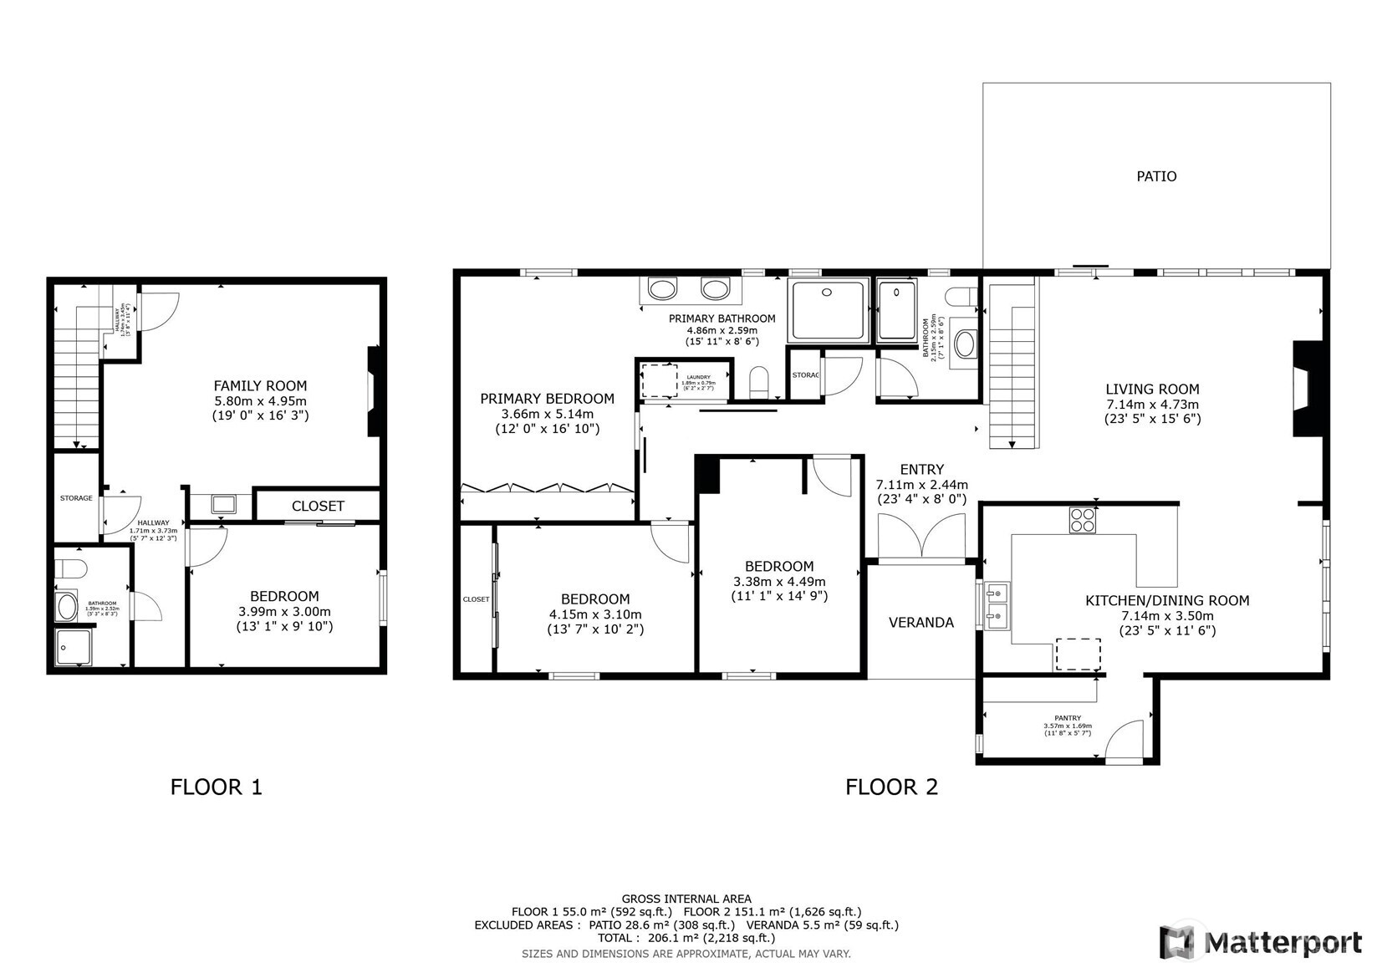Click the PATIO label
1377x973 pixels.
[x=1156, y=176]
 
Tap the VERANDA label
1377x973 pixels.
[x=921, y=623]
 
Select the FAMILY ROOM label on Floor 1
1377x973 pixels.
[x=260, y=386]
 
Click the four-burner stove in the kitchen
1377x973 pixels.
[x=1082, y=521]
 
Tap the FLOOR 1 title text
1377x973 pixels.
[x=217, y=787]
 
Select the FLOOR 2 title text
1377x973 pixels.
[x=891, y=787]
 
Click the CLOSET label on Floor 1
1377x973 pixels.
[x=318, y=507]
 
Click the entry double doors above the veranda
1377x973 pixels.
[x=921, y=537]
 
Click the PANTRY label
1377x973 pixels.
[x=1068, y=718]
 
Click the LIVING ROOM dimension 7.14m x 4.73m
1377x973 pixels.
[x=1152, y=405]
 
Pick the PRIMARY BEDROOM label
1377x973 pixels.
[x=547, y=400]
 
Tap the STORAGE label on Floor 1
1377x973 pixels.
[x=76, y=499]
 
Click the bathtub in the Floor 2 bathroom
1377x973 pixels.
[x=966, y=344]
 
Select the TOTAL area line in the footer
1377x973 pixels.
[x=685, y=938]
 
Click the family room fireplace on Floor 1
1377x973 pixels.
[x=374, y=391]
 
